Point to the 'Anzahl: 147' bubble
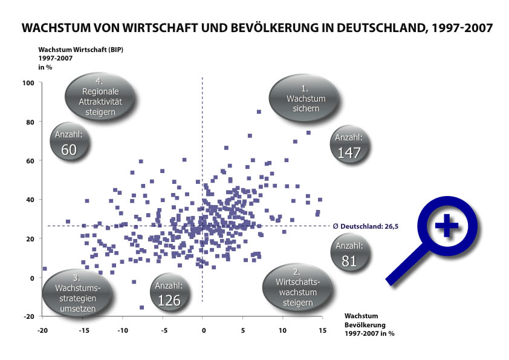pos(349,145)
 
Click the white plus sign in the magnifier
pos(447,227)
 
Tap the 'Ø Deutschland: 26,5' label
pos(363,226)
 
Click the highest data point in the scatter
pos(259,112)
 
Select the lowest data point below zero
pos(142,307)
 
